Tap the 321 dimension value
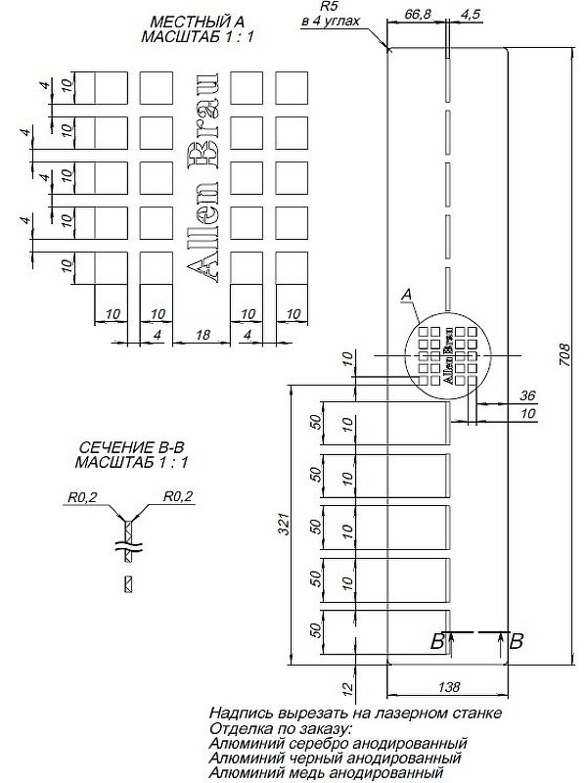(282, 527)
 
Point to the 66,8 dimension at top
(418, 14)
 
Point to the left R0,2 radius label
(82, 497)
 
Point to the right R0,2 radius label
(178, 497)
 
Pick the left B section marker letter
(437, 642)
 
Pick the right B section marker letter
(517, 642)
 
